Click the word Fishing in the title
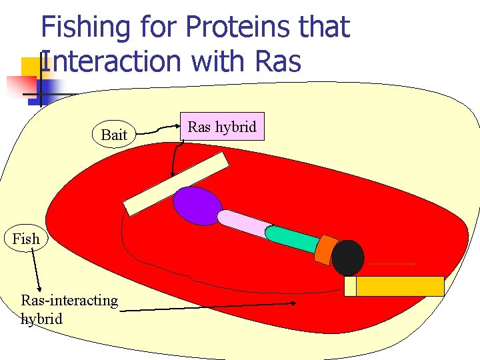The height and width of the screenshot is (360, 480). pos(85,28)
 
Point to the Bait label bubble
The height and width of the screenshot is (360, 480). pos(114,135)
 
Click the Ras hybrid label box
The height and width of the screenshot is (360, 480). pos(222,127)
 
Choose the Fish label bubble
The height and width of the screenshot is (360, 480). pos(26,238)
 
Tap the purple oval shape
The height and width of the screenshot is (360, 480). pos(197,205)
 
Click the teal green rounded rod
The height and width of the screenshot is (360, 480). pos(291,239)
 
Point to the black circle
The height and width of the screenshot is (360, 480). pos(348,258)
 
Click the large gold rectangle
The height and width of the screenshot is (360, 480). pos(400,286)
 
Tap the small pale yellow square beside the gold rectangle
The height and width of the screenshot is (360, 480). pos(350,286)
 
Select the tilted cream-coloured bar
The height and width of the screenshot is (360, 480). pos(177,184)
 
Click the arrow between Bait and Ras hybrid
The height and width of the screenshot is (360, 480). pos(158,129)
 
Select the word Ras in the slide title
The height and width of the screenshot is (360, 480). pos(278,62)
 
